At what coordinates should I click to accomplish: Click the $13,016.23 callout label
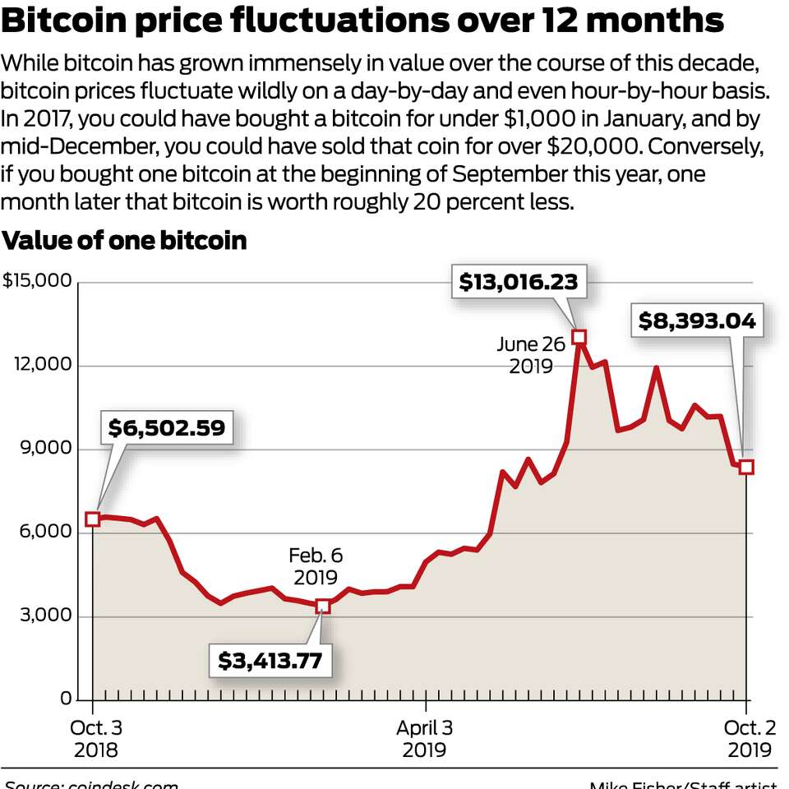coord(518,283)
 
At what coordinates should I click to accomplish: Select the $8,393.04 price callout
coord(696,321)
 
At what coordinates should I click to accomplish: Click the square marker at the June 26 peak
coord(579,337)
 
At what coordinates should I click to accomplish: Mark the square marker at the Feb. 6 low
coord(323,606)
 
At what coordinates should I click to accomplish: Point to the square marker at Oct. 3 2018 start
coord(93,519)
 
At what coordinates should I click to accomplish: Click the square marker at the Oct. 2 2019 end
coord(746,467)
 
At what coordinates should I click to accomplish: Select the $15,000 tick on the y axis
coord(37,281)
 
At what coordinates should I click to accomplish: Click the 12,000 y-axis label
coord(43,365)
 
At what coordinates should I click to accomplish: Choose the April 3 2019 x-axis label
coord(424,738)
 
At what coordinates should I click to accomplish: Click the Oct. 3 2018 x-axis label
coord(95,738)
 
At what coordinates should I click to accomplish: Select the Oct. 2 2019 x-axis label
coord(749,738)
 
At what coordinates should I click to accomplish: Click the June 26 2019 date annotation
coord(531,355)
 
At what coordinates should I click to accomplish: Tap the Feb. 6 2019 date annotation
coord(313,566)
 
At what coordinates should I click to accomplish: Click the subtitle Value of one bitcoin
coord(124,241)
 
